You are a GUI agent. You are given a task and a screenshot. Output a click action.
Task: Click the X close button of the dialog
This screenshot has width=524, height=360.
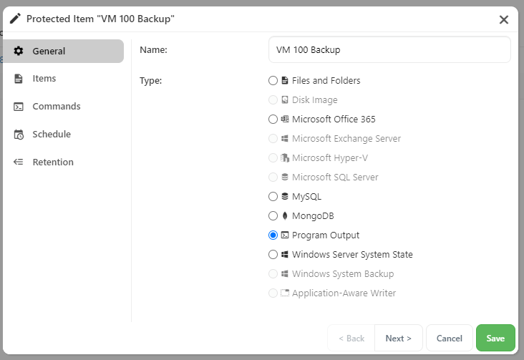click(504, 20)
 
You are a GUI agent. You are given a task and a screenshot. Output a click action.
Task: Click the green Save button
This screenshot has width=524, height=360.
click(495, 338)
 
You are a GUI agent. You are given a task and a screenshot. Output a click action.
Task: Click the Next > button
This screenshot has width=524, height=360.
click(398, 338)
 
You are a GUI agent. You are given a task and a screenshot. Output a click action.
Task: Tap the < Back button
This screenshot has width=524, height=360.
click(351, 338)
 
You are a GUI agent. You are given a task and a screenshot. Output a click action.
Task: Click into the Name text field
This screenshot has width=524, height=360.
click(389, 50)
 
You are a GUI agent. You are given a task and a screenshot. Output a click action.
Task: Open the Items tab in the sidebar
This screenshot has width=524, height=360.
click(44, 79)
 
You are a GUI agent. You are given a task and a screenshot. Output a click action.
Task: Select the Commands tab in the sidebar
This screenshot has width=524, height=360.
click(56, 107)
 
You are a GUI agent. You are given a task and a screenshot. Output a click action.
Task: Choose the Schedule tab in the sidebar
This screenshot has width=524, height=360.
click(52, 135)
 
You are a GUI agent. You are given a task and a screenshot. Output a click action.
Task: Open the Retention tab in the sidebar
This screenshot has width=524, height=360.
click(53, 162)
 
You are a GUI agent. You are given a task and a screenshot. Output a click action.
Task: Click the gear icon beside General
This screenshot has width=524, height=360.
click(19, 51)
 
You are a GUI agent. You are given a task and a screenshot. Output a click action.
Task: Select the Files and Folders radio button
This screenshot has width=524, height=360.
click(273, 81)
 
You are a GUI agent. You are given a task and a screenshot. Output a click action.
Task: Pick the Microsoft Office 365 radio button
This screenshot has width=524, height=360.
click(273, 120)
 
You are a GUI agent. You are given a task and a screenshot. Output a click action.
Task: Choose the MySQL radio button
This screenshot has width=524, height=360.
click(273, 197)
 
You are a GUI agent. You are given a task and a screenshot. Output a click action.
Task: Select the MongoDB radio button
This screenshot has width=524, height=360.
click(273, 216)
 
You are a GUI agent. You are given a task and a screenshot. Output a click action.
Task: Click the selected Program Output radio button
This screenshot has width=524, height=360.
click(273, 235)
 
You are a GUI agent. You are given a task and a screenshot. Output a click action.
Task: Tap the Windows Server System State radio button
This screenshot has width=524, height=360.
click(273, 255)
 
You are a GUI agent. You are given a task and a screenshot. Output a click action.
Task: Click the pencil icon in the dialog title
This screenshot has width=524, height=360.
click(15, 19)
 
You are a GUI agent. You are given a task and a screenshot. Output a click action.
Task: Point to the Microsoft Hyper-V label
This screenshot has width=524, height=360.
click(330, 157)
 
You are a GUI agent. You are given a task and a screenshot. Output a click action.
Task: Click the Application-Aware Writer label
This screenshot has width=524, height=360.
click(344, 293)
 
